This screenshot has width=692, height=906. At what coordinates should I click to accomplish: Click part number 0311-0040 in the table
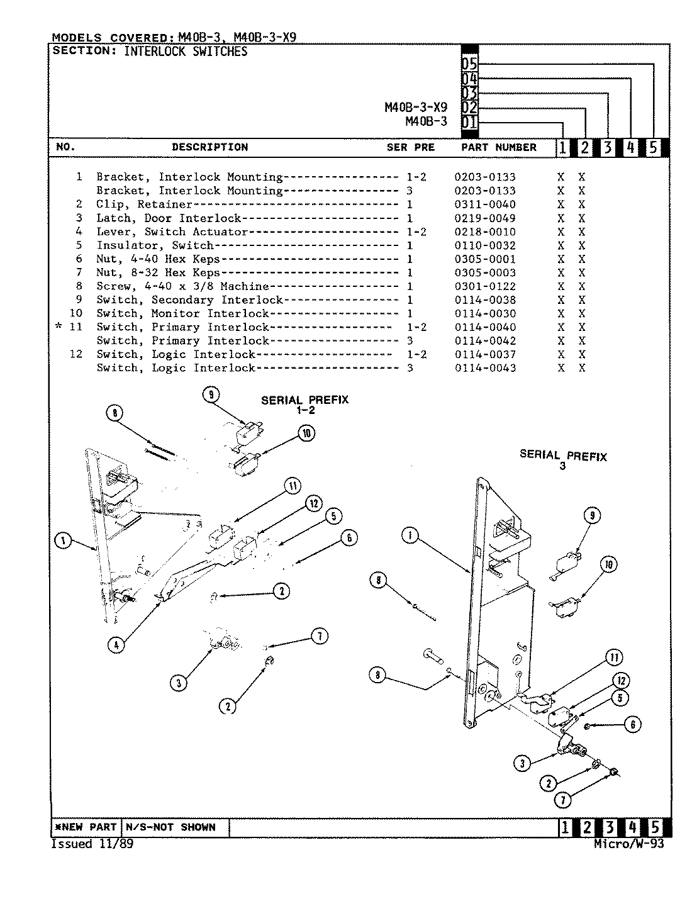pyautogui.click(x=484, y=204)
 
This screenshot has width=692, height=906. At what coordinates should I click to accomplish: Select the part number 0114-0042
pyautogui.click(x=484, y=341)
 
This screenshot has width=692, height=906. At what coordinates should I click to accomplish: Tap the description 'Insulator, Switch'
pyautogui.click(x=155, y=245)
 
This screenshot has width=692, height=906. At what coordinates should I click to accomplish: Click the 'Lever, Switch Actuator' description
pyautogui.click(x=172, y=232)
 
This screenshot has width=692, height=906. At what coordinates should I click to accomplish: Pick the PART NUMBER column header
pyautogui.click(x=498, y=147)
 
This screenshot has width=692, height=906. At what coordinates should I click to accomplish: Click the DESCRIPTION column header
pyautogui.click(x=209, y=147)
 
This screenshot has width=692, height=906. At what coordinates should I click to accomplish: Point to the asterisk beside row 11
pyautogui.click(x=59, y=327)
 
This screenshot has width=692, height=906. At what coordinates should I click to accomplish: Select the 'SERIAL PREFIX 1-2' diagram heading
pyautogui.click(x=304, y=405)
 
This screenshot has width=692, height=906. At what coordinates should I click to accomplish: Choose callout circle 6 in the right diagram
pyautogui.click(x=632, y=725)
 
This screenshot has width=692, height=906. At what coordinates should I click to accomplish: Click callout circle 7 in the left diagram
pyautogui.click(x=319, y=637)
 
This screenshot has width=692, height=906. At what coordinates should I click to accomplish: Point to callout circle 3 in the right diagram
pyautogui.click(x=522, y=764)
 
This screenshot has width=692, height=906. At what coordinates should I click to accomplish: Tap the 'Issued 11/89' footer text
pyautogui.click(x=92, y=844)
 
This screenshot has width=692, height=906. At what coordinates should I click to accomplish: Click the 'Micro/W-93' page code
pyautogui.click(x=628, y=844)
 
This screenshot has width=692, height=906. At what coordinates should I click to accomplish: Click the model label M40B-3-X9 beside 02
pyautogui.click(x=415, y=108)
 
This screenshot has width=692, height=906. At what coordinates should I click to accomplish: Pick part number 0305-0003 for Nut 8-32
pyautogui.click(x=484, y=272)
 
